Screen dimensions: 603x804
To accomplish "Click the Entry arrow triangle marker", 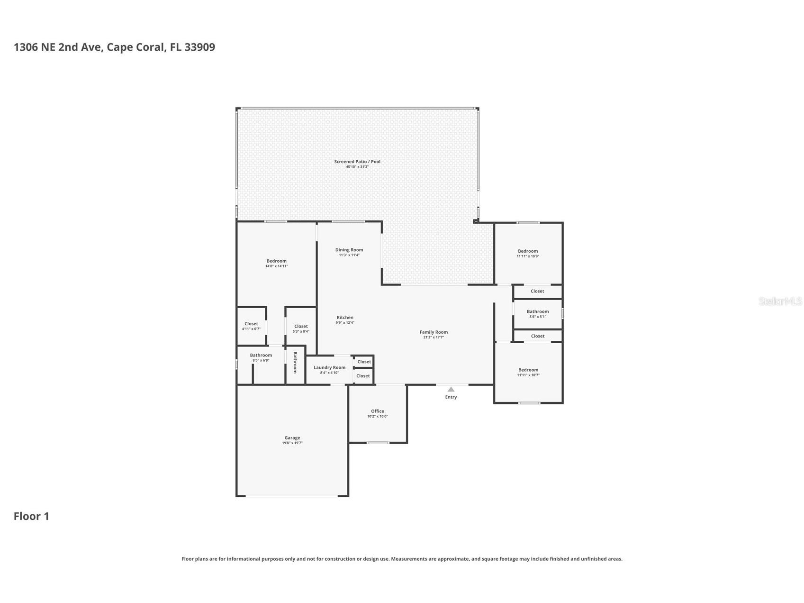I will [x=451, y=389].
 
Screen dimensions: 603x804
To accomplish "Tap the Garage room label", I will [x=292, y=438].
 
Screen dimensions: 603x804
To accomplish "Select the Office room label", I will [x=377, y=411].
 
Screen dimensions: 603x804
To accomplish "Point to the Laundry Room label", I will [x=329, y=367].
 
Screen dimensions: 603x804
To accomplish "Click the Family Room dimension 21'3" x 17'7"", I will [x=434, y=338].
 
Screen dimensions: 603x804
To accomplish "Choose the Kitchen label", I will [x=345, y=318].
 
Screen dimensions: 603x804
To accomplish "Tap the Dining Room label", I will [x=349, y=250].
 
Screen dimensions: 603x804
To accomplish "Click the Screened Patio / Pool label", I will [x=357, y=162].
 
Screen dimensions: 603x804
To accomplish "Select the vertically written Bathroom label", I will [x=295, y=363].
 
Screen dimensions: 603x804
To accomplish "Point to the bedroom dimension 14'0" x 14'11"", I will [x=276, y=266].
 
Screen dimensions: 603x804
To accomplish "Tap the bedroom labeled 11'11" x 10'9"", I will [x=528, y=253].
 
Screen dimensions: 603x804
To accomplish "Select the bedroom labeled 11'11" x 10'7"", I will [x=528, y=372].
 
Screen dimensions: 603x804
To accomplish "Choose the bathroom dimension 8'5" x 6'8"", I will [x=261, y=360].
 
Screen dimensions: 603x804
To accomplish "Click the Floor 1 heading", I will [x=31, y=516].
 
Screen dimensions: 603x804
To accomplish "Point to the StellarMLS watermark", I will [x=780, y=301].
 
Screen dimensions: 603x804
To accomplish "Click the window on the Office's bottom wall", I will [x=378, y=443].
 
